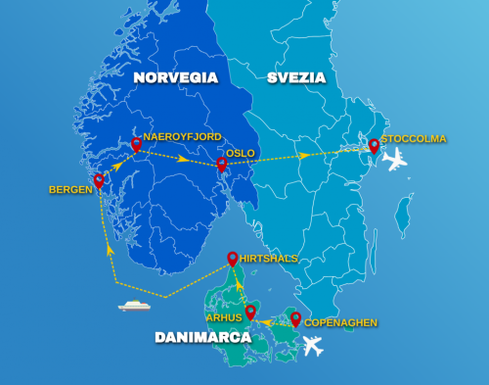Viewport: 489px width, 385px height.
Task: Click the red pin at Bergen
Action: [99, 180]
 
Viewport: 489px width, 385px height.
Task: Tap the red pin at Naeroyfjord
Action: [137, 145]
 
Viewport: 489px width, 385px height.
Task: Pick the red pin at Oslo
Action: [222, 165]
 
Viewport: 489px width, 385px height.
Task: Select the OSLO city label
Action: [241, 154]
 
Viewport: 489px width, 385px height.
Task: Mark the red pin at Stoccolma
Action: [374, 146]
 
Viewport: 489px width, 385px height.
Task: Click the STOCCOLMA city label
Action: [414, 139]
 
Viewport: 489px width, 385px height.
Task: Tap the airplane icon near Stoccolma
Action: [395, 162]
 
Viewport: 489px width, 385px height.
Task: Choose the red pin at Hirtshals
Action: [233, 259]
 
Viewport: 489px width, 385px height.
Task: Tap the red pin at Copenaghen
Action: [295, 318]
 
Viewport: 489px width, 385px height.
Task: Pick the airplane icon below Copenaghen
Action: [313, 346]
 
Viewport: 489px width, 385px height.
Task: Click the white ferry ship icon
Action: [133, 306]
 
